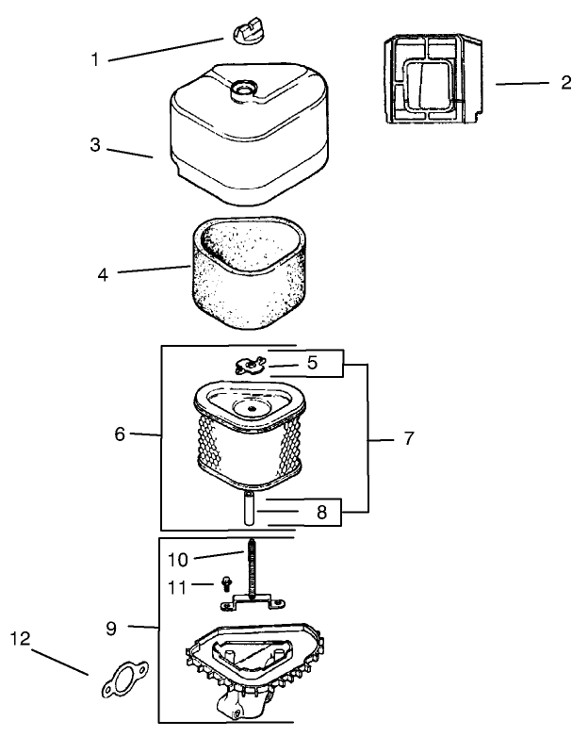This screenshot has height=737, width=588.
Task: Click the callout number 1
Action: pos(95,59)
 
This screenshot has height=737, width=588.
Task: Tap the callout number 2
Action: pos(566,82)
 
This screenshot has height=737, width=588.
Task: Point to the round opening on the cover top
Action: pos(243,89)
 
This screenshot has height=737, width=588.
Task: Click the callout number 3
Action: pos(95,145)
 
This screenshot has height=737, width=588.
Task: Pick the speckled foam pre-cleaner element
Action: pos(249,272)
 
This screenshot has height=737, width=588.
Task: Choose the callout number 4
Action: pos(103,274)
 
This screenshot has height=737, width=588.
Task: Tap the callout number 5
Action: pos(313,363)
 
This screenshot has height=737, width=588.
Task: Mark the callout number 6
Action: pos(120,434)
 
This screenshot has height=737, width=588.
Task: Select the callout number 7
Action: pos(409,438)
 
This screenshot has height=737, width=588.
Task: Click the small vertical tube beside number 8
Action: pos(249,508)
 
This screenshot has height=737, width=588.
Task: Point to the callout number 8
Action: pos(321,512)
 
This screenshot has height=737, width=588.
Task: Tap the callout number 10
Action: pos(178,560)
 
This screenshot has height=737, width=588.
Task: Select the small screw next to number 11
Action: pos(226,584)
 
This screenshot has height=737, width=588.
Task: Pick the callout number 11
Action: pos(177,587)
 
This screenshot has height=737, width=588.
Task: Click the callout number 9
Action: pos(111,629)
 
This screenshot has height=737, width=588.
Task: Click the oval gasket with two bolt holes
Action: pos(125,680)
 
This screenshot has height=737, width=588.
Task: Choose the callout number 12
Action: pos(20,638)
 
